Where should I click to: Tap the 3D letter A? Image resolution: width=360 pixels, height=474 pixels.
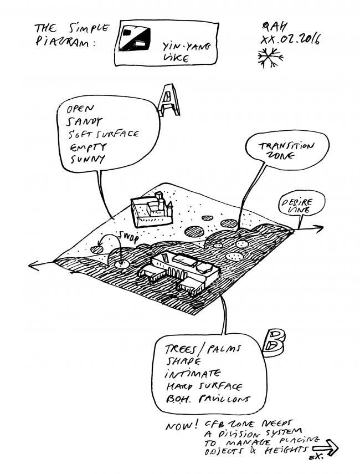click(x=168, y=101)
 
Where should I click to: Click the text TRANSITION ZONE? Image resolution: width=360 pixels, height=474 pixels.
click(x=286, y=150)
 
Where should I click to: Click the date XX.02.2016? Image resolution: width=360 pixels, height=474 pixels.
click(x=291, y=40)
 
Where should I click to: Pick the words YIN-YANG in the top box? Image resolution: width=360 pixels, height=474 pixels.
click(x=181, y=47)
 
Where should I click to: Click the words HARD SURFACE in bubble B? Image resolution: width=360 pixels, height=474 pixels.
click(x=203, y=386)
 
